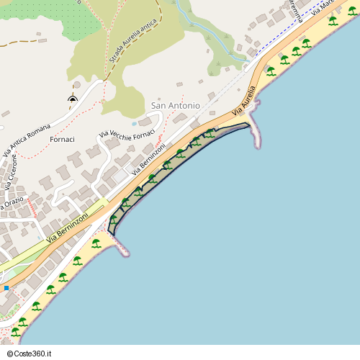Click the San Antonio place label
(176, 106)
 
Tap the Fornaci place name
(63, 138)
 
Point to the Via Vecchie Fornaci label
(127, 135)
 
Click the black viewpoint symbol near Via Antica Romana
(73, 99)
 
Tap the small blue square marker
(6, 288)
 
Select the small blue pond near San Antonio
(134, 123)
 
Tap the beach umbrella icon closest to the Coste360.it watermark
(15, 331)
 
